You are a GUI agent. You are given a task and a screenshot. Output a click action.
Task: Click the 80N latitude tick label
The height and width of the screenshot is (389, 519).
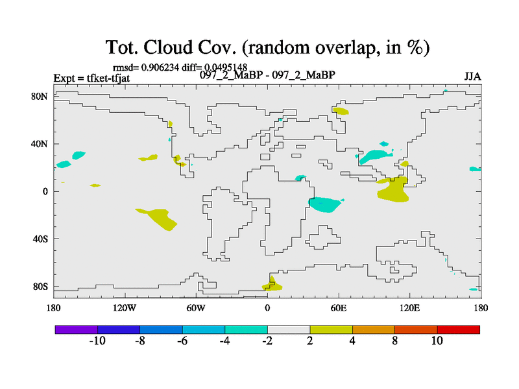(40, 96)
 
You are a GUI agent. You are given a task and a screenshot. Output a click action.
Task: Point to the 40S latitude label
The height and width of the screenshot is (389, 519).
(40, 239)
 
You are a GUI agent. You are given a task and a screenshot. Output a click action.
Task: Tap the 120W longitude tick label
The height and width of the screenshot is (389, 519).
(125, 308)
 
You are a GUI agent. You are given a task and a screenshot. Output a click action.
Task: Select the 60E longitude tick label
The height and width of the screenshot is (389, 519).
(339, 308)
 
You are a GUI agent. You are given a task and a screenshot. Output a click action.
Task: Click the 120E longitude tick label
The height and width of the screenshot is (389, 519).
(410, 308)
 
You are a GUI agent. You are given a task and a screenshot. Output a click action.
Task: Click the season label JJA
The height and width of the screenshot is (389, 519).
(472, 77)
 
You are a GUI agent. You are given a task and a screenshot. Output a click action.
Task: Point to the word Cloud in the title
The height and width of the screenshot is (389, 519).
(168, 47)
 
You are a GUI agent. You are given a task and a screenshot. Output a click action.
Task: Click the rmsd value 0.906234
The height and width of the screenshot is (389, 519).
(160, 67)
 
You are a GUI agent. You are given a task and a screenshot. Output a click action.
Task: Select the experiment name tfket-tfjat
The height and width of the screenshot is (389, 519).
(108, 78)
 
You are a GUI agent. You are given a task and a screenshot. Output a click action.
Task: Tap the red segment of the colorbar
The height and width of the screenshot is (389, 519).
(459, 329)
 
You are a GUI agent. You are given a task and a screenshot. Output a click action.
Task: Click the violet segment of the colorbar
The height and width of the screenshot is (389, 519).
(77, 329)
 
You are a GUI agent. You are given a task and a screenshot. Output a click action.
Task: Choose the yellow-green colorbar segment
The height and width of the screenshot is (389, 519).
(331, 329)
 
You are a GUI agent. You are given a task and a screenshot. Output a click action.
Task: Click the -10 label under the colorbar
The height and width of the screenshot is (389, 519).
(97, 341)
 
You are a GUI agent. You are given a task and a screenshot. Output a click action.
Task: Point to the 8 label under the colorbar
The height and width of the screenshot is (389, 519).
(395, 341)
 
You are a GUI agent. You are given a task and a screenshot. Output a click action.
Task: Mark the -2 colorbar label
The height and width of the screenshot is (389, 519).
(267, 341)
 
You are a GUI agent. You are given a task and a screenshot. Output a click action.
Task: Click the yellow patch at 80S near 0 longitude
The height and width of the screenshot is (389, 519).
(272, 285)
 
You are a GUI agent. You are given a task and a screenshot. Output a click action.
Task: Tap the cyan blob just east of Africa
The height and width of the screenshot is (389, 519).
(325, 204)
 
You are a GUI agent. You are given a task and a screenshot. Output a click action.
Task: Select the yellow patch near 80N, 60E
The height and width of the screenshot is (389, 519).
(341, 111)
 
